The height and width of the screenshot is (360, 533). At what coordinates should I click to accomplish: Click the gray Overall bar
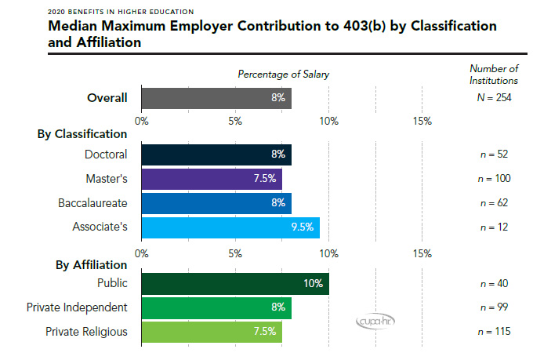[216, 98]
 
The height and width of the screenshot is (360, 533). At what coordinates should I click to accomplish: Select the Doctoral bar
[216, 155]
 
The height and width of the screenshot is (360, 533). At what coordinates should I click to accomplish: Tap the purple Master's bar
[212, 178]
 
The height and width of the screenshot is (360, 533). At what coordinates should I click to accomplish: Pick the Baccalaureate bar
[216, 202]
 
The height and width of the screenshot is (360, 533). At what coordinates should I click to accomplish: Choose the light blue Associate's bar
[230, 227]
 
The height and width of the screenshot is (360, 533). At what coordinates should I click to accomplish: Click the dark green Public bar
[235, 283]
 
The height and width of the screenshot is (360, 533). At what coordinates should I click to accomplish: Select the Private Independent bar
[216, 307]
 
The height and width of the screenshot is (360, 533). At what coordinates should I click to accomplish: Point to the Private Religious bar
[212, 331]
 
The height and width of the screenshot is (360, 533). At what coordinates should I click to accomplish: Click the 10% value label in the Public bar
[314, 283]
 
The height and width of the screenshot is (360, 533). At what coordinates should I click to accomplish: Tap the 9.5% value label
[303, 227]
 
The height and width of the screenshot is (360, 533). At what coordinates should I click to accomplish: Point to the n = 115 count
[494, 331]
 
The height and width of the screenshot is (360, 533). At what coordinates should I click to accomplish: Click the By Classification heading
[82, 134]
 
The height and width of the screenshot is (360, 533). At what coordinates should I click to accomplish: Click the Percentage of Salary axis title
[284, 74]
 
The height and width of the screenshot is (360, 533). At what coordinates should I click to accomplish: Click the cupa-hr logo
[366, 322]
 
